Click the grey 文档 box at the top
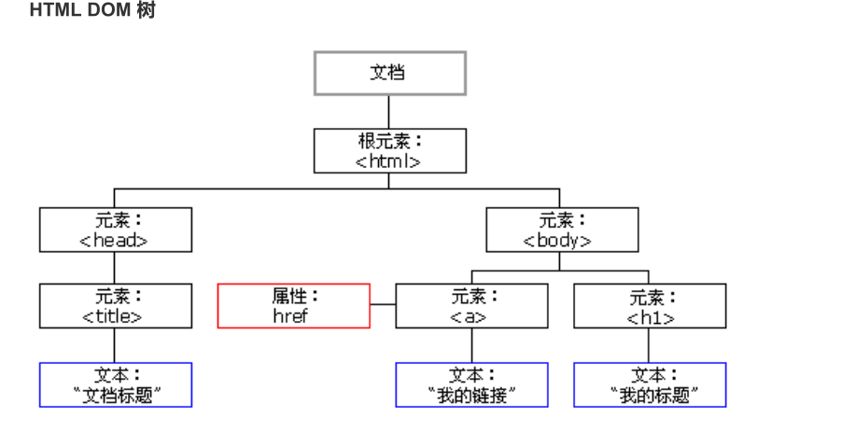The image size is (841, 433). pos(389,73)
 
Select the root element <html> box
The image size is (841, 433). pos(389,151)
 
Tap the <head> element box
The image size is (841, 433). pos(116,230)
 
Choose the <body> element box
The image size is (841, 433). pos(562,230)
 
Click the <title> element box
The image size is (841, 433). pos(116,306)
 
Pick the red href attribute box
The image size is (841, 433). pos(294,306)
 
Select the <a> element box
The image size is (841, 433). pos(471,306)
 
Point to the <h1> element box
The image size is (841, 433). pos(650,306)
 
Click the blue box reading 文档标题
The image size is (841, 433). pos(116,384)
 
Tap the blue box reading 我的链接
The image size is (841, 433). pos(471,384)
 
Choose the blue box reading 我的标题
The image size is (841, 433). pos(650,384)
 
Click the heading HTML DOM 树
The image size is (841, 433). pos(92,11)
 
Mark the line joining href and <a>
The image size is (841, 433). pos(383,305)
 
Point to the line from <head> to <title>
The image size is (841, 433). pos(116,269)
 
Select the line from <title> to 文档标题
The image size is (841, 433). pos(116,345)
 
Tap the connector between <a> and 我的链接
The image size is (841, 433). pos(471,345)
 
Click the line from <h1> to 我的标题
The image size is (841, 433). pos(650,345)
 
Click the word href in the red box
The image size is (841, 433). pos(290,315)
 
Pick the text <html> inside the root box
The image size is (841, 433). pos(389,161)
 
